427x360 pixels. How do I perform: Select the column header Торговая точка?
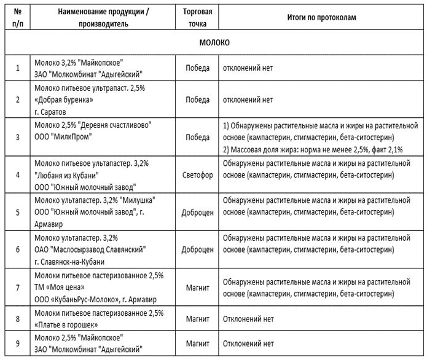[197, 18]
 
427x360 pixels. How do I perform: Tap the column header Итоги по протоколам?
[321, 18]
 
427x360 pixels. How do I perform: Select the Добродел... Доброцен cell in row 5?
[197, 213]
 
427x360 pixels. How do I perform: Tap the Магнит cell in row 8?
[197, 319]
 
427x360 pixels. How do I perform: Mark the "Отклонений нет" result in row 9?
[248, 343]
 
